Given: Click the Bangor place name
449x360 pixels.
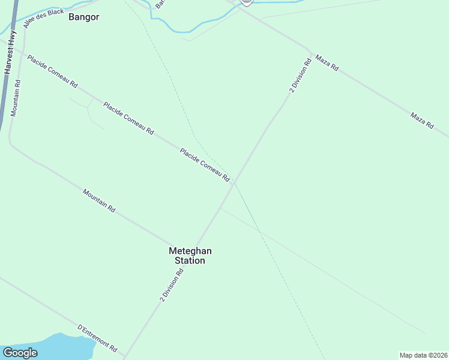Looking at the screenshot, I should point(83,17).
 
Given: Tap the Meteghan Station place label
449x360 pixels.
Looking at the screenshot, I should point(190,256).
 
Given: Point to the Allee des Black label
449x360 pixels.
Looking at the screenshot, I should point(43,18).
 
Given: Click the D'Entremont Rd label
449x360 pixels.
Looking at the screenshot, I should point(97,338).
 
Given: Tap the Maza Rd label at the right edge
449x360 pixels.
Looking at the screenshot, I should point(421,120).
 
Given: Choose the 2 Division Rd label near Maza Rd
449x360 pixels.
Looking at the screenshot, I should point(300,74).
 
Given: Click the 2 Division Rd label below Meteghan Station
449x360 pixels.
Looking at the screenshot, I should point(172,285).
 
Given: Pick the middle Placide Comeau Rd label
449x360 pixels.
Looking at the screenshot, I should point(128,118).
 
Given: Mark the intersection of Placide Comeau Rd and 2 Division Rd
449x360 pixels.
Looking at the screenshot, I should point(234,182).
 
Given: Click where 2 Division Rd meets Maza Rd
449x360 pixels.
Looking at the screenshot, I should point(309,50).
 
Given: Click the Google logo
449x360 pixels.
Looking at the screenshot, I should point(20,353).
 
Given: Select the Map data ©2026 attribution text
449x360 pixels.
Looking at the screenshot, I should point(423,355).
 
